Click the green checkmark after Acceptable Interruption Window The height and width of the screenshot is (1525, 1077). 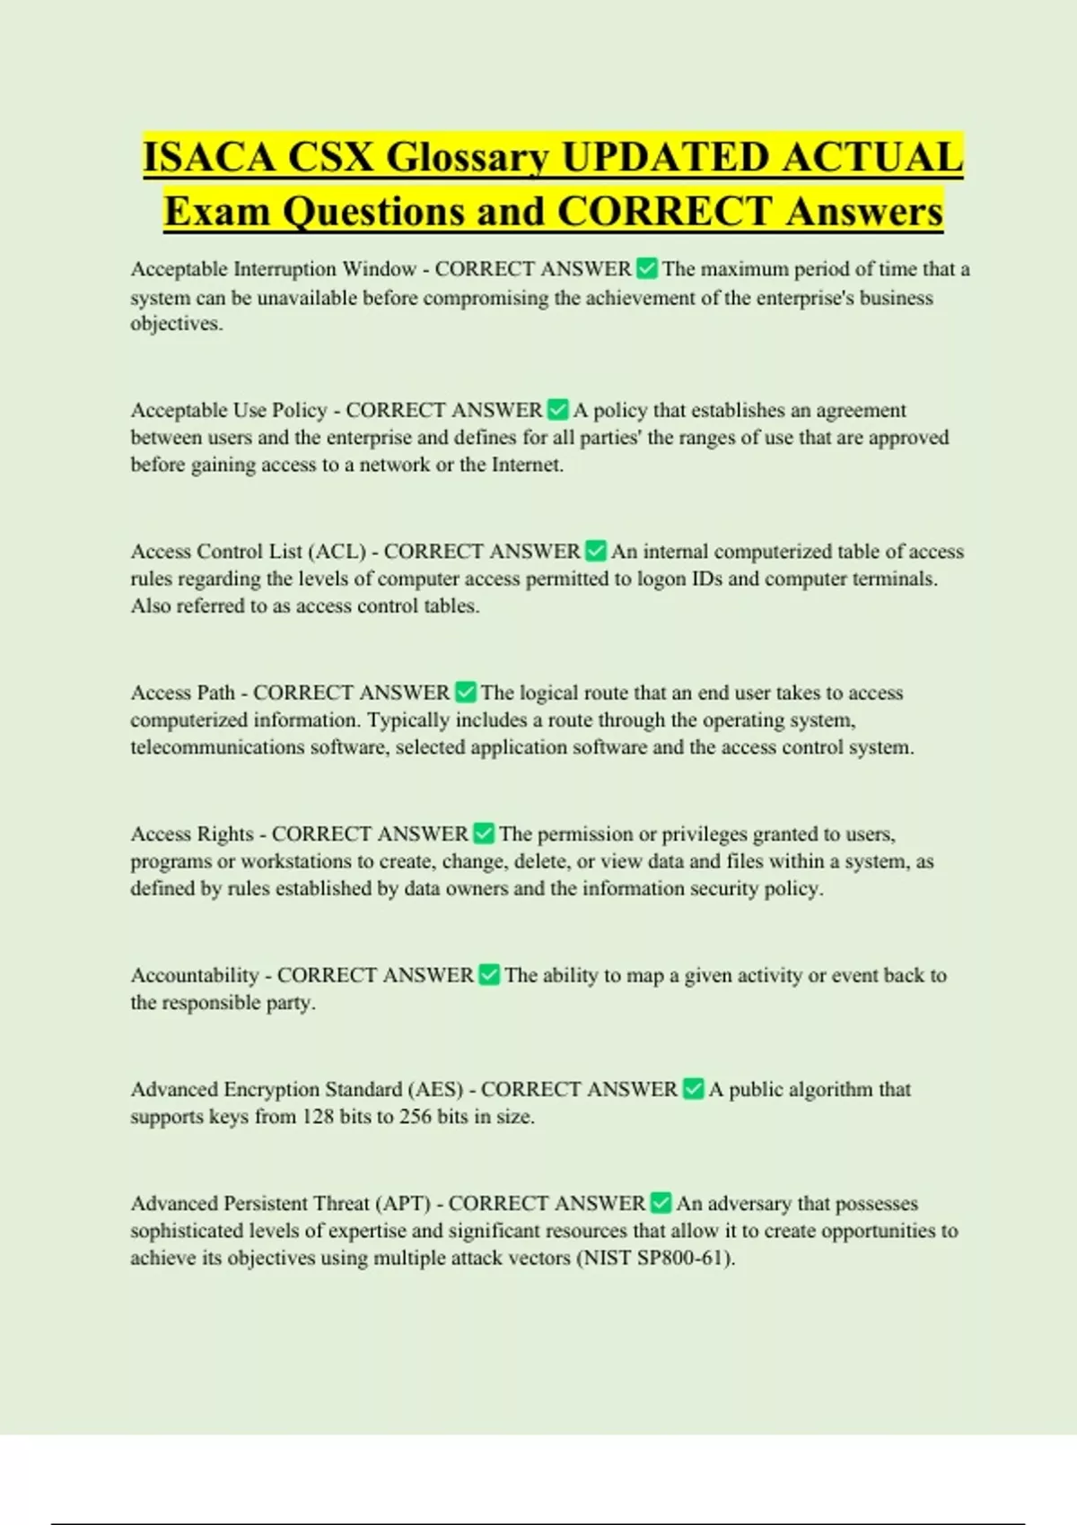pyautogui.click(x=646, y=268)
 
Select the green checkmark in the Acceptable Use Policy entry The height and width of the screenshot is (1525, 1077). pyautogui.click(x=557, y=410)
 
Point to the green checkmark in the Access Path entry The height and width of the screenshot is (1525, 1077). pyautogui.click(x=466, y=693)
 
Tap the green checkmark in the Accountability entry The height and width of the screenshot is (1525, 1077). pyautogui.click(x=489, y=975)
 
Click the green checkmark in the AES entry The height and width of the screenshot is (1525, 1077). pyautogui.click(x=693, y=1089)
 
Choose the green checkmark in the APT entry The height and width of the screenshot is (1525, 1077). pyautogui.click(x=661, y=1203)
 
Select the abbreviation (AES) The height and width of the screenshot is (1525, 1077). pyautogui.click(x=435, y=1090)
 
